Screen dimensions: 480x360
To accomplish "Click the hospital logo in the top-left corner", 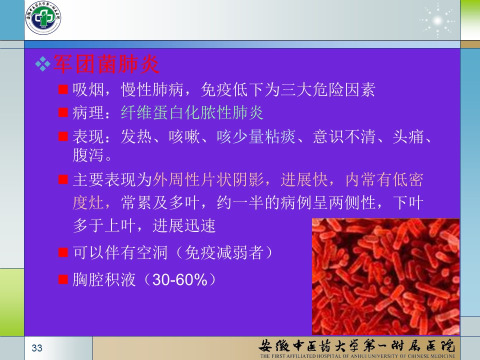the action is (x=43, y=18).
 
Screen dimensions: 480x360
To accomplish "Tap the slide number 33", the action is (x=37, y=348).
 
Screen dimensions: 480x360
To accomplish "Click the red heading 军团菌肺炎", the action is (x=106, y=64).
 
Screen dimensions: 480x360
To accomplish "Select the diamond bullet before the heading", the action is (x=43, y=64).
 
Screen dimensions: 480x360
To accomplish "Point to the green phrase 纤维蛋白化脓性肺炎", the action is (x=192, y=112).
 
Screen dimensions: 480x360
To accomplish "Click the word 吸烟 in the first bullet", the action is (x=88, y=89).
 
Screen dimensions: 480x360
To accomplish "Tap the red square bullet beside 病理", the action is (x=63, y=112).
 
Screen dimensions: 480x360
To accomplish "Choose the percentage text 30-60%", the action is (x=180, y=280).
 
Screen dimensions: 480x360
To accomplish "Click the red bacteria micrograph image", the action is (x=385, y=276).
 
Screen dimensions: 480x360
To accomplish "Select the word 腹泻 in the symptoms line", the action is (x=88, y=154).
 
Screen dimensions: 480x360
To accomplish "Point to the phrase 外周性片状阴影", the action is (x=208, y=179).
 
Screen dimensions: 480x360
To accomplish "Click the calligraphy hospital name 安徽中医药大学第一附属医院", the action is (x=357, y=345).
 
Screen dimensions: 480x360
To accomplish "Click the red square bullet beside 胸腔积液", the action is (x=63, y=279).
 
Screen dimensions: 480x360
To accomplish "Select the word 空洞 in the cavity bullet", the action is (x=152, y=253).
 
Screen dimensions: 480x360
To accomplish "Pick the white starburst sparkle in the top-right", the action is (x=437, y=21).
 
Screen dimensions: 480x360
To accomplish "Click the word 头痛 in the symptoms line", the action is (x=408, y=136).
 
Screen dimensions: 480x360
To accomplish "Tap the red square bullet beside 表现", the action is (x=63, y=136).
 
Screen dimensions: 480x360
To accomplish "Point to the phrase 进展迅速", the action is (x=184, y=226).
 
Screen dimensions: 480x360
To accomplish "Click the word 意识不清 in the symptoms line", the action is (x=344, y=136).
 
